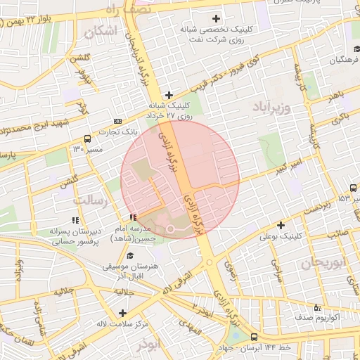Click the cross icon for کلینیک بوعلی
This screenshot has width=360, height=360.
281,226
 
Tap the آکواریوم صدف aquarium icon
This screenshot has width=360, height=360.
317,307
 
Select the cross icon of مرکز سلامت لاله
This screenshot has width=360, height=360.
123,313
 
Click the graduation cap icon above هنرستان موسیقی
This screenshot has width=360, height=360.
131,255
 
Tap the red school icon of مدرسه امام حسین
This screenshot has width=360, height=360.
133,216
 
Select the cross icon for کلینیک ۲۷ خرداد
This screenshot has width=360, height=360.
168,95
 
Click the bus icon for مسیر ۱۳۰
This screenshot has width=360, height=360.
86,139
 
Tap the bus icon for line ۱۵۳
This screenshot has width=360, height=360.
352,188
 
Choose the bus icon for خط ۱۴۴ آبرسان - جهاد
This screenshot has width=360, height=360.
255,337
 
